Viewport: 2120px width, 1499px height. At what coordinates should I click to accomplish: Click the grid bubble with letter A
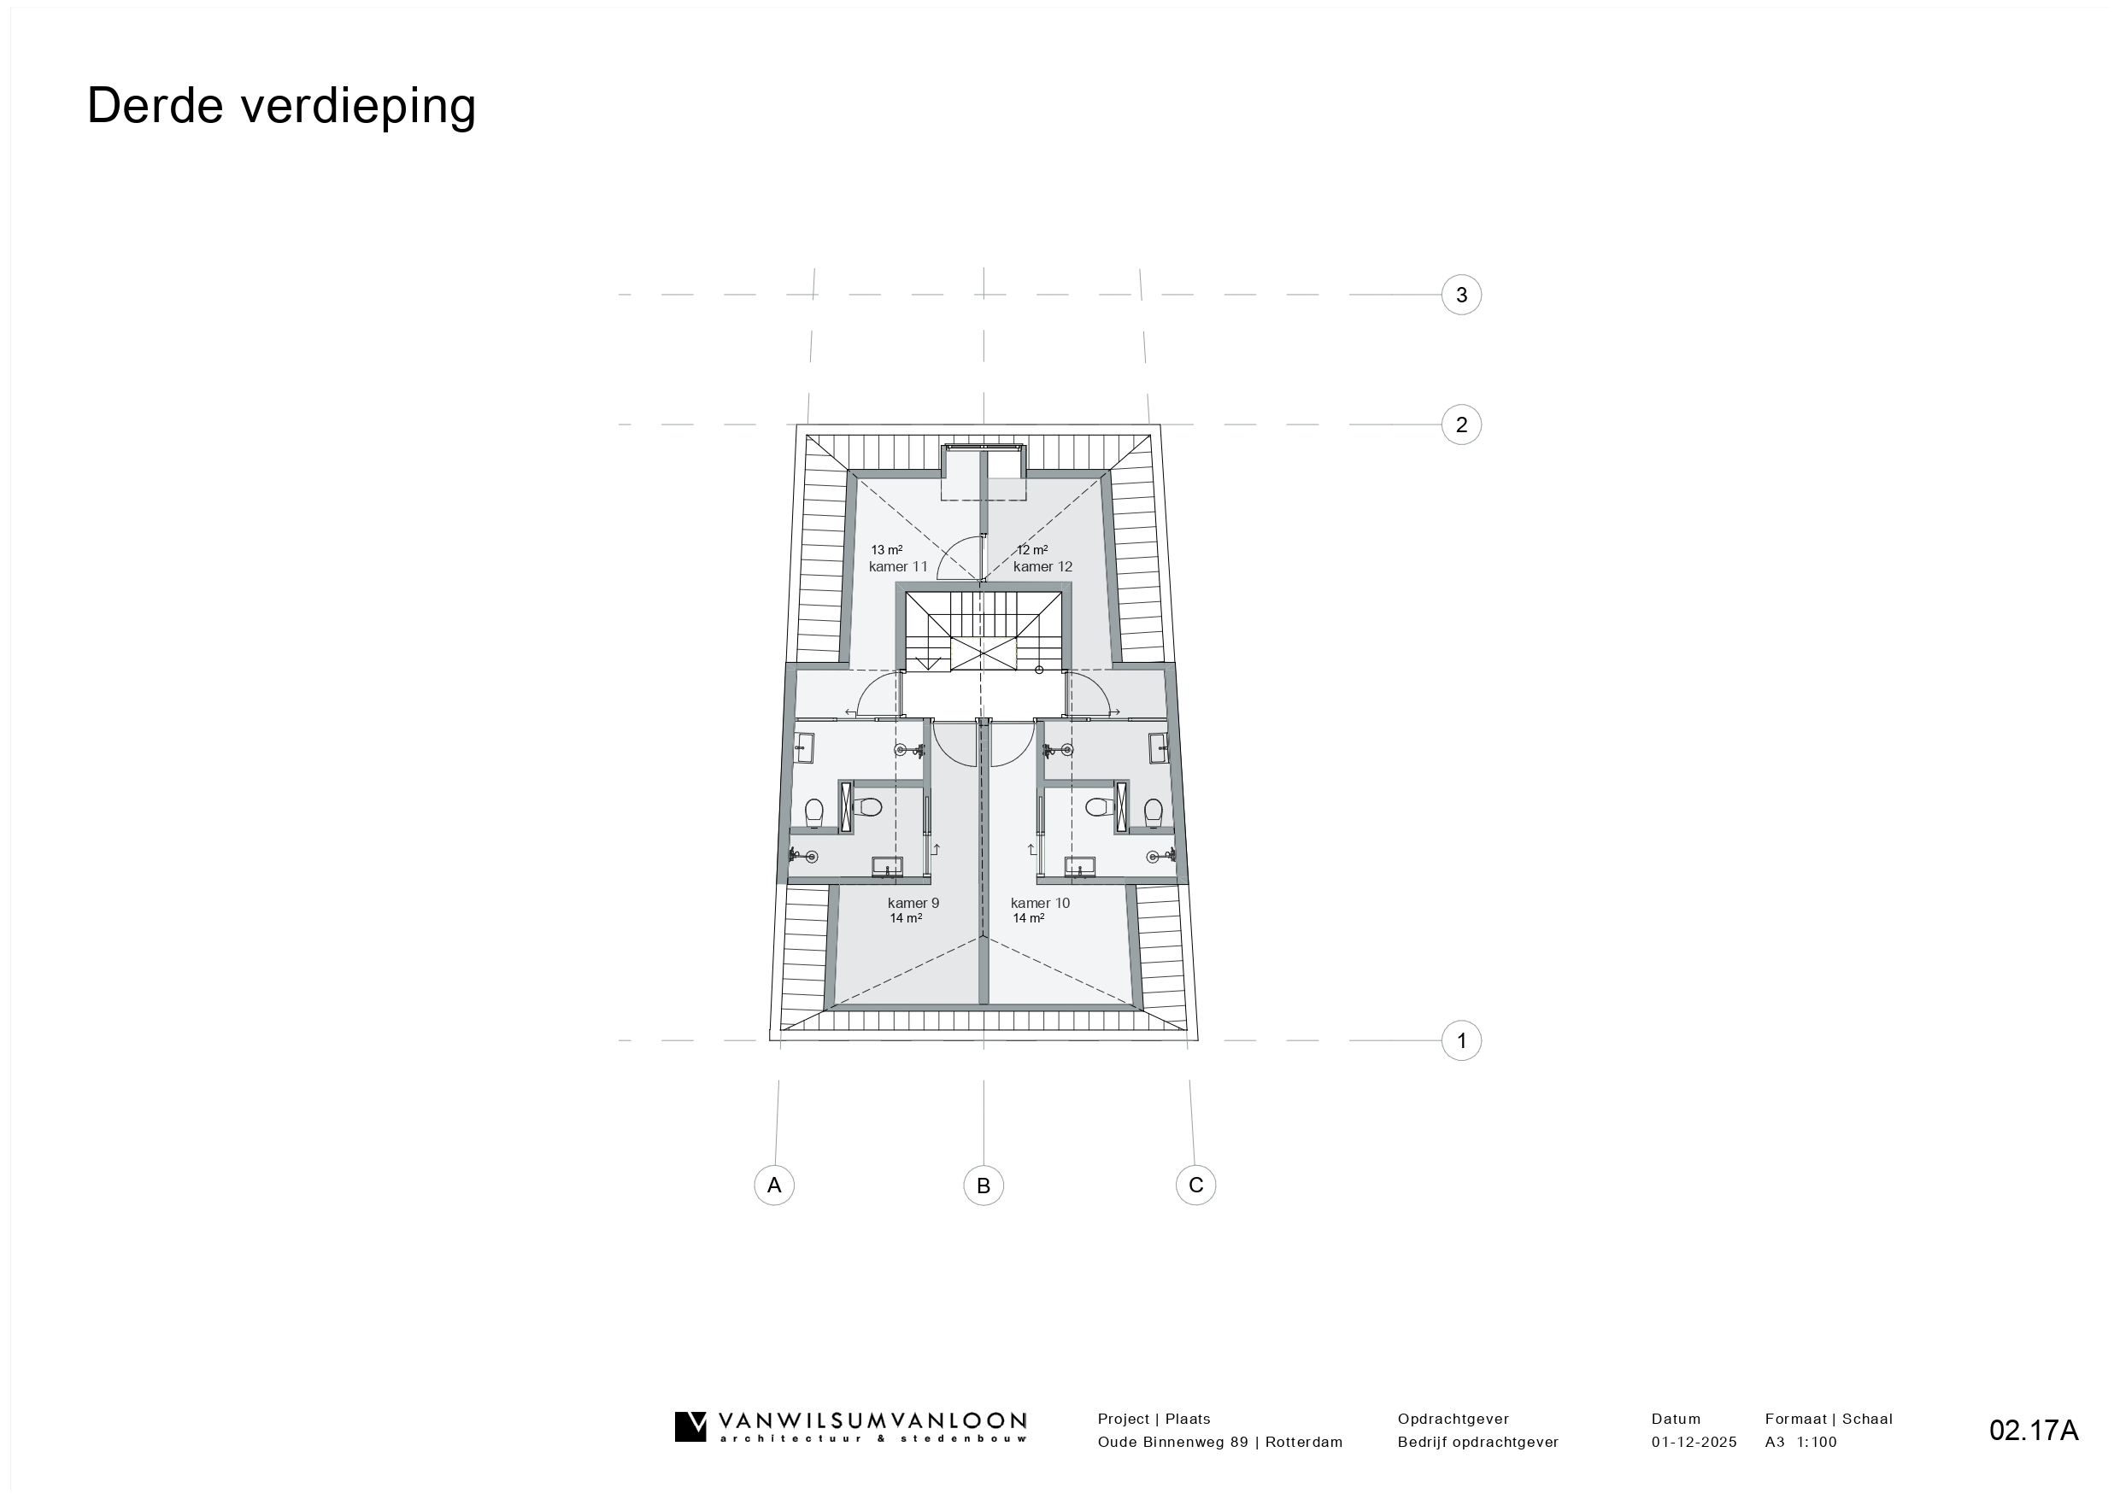(774, 1186)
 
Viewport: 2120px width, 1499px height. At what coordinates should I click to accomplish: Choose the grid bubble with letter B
(984, 1186)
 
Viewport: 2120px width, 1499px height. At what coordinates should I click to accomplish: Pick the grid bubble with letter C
(1195, 1186)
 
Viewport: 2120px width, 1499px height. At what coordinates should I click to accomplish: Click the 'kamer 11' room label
(897, 567)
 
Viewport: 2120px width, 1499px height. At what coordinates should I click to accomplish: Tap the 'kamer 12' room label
(1042, 567)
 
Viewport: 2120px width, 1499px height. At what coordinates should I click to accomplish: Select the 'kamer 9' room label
(913, 903)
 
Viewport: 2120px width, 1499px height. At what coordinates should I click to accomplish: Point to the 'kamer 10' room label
(1040, 903)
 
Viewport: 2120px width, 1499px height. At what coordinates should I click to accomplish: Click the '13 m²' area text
(886, 550)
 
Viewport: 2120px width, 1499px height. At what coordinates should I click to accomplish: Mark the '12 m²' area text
(1031, 550)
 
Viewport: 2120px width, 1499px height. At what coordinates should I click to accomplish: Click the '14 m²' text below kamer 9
(906, 918)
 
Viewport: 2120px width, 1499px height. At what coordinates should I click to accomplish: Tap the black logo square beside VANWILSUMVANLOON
(690, 1426)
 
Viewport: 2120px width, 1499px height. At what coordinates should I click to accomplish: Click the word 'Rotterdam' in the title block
(1304, 1442)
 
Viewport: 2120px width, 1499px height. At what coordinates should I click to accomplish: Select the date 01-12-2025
(1694, 1442)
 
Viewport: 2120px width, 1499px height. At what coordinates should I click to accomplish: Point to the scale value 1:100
(1818, 1442)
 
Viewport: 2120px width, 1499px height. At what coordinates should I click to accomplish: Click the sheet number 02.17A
(2035, 1431)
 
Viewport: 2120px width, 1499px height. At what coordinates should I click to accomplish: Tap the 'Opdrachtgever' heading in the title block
(1453, 1420)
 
